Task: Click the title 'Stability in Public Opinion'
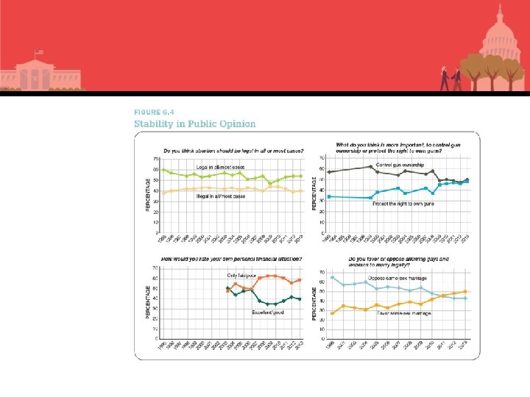[195, 124]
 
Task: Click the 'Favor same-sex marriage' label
[404, 313]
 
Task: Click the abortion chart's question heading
[233, 151]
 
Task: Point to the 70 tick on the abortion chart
[156, 159]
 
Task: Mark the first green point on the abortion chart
[163, 171]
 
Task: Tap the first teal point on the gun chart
[328, 196]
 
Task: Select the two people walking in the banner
[449, 78]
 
